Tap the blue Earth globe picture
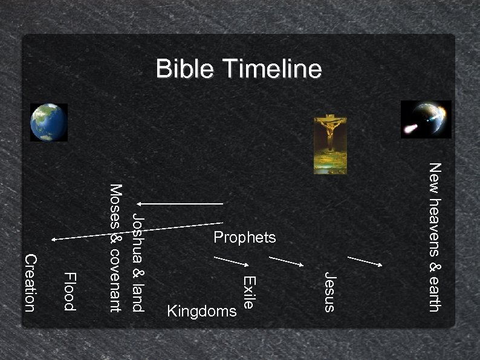point(48,122)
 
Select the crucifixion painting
point(330,144)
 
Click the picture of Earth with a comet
point(426,119)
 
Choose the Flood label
point(70,292)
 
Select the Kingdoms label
point(201,312)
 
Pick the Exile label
point(250,292)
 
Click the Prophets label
point(245,238)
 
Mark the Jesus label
point(329,292)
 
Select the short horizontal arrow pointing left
point(180,203)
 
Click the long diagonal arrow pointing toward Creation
point(137,232)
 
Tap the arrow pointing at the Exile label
point(232,261)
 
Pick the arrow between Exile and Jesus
point(287,261)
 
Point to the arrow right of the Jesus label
point(365,261)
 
